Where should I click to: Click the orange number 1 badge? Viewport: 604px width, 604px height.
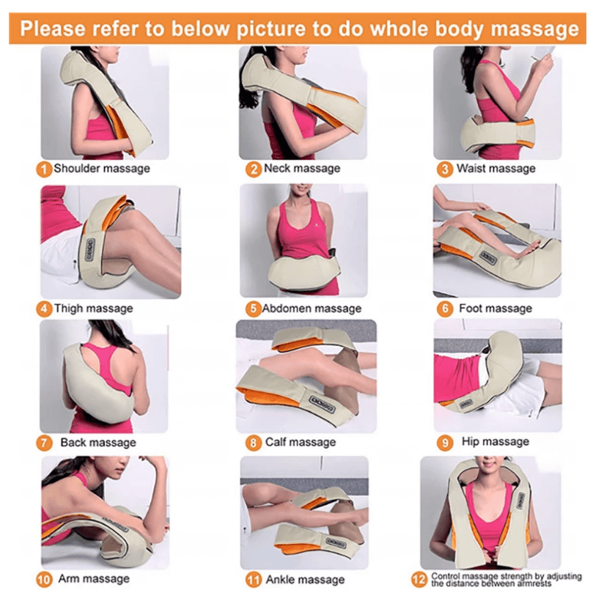(x=44, y=169)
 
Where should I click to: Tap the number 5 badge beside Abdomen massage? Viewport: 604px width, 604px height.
(x=253, y=309)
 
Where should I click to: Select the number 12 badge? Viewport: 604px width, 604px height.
(x=419, y=579)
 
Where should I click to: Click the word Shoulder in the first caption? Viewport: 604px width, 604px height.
(x=76, y=169)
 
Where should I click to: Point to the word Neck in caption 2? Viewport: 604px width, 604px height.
(x=276, y=169)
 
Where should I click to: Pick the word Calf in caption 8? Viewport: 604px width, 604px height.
(x=275, y=442)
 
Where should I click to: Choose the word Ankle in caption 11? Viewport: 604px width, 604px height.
(x=280, y=579)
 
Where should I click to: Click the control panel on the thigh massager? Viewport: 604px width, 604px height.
(x=90, y=250)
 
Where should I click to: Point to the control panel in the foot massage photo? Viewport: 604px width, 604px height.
(x=488, y=257)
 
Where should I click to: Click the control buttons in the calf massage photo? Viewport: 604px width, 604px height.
(x=323, y=404)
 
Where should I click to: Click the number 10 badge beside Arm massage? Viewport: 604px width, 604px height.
(x=44, y=580)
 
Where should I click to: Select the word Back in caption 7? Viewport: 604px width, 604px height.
(x=73, y=442)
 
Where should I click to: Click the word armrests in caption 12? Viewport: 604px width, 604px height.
(x=534, y=584)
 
